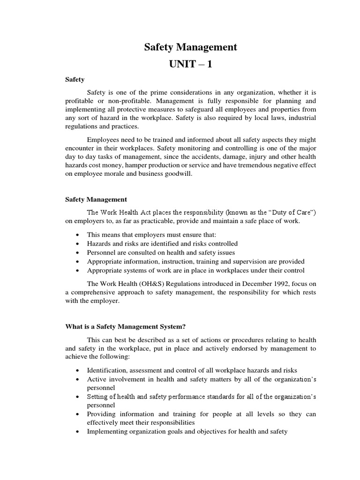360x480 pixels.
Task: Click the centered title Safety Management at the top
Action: click(190, 47)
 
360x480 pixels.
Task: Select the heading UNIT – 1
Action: click(190, 64)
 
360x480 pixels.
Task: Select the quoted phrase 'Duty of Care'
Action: click(288, 212)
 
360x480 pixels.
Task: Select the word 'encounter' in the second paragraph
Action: click(79, 149)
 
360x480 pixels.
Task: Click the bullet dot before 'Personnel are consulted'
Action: click(77, 253)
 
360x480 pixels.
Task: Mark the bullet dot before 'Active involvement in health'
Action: click(77, 380)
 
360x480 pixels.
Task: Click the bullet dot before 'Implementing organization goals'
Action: click(77, 432)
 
